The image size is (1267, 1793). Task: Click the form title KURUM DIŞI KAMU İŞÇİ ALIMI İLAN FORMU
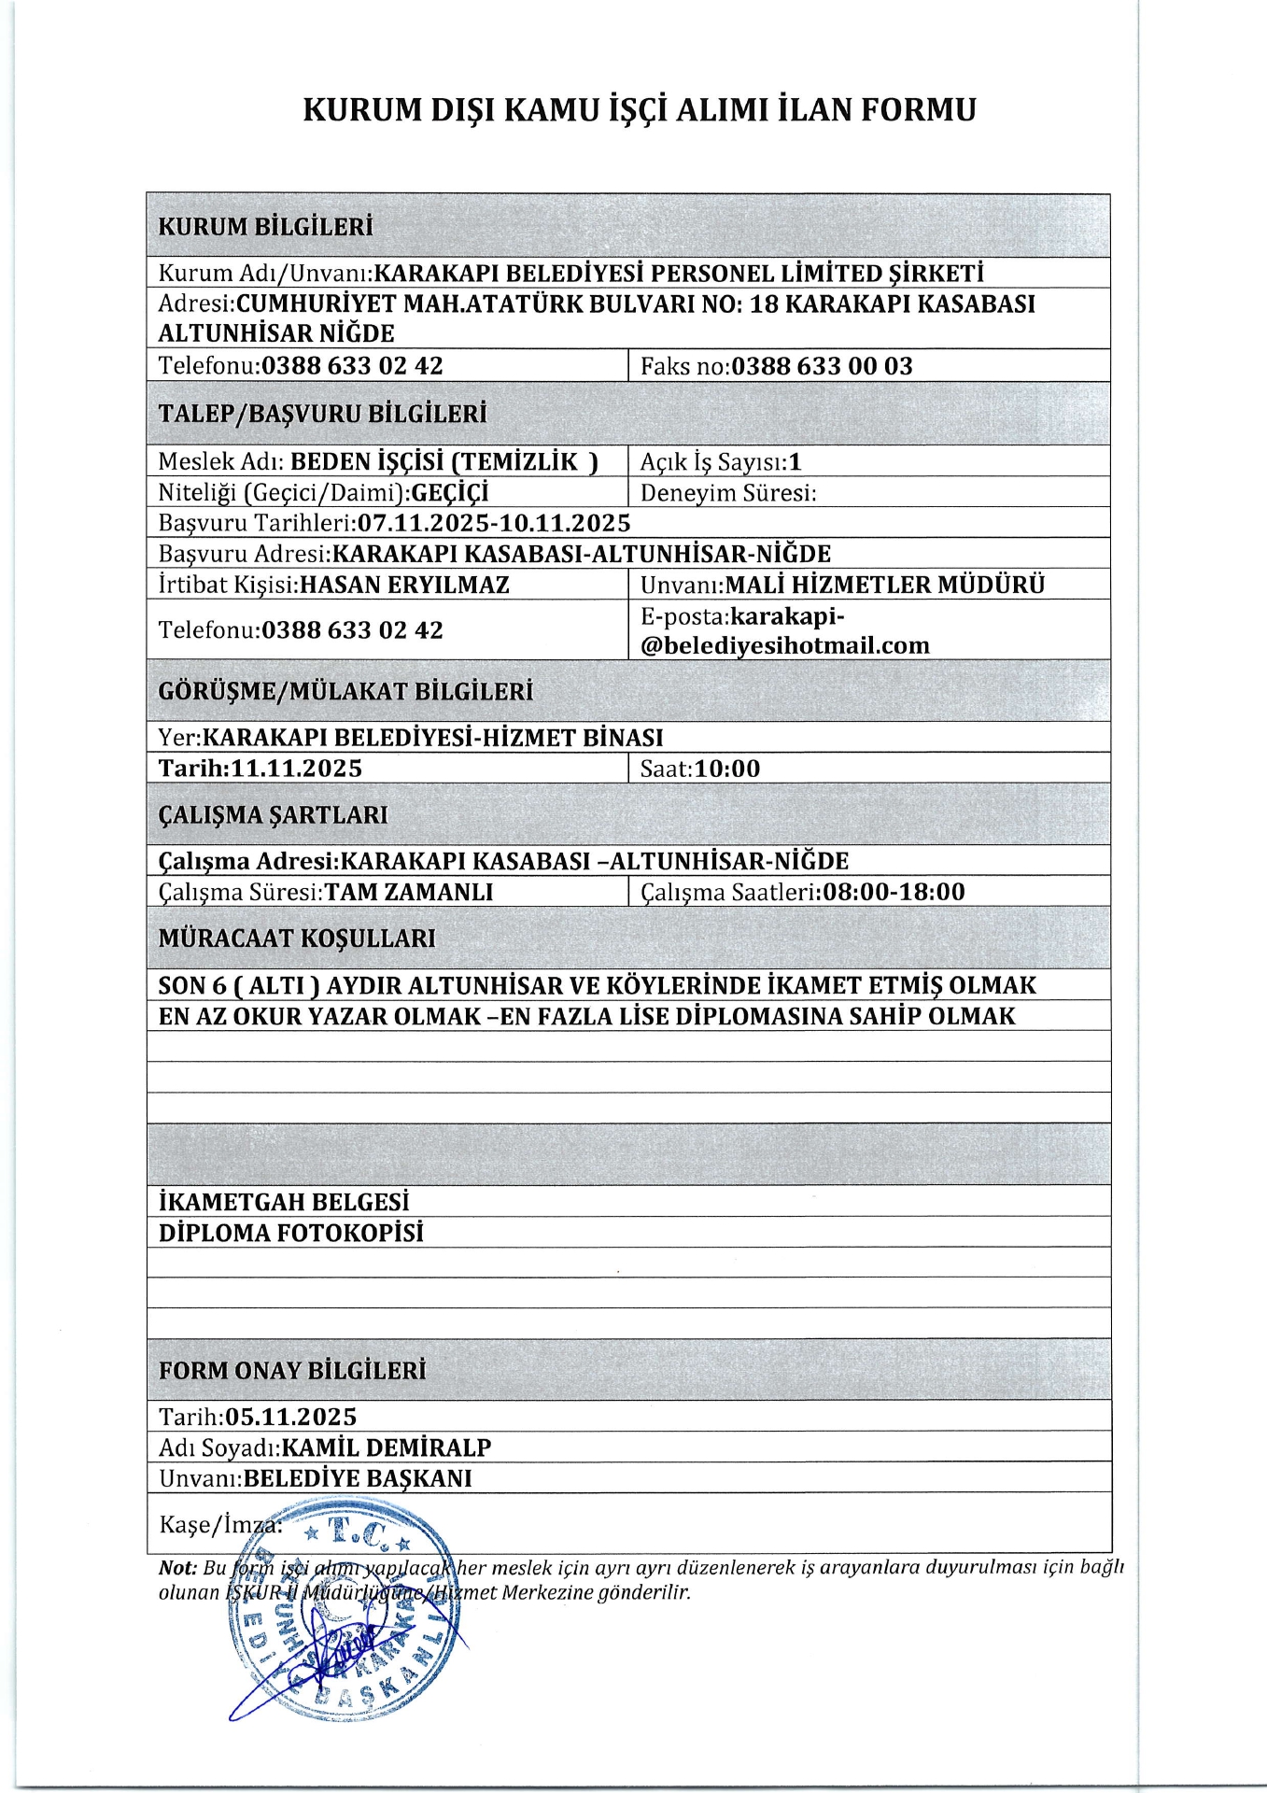(640, 110)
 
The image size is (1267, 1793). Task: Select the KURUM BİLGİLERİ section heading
(265, 227)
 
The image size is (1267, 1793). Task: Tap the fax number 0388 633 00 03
(822, 366)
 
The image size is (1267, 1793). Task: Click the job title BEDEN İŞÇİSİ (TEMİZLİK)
(444, 461)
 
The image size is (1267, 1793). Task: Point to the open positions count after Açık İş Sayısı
(795, 461)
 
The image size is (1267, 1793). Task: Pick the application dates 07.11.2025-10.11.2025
(494, 523)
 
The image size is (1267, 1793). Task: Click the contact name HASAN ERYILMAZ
(404, 585)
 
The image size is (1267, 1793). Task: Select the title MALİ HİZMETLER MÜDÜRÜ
(885, 585)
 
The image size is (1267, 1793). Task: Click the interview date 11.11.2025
(296, 769)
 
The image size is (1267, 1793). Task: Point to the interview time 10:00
(727, 769)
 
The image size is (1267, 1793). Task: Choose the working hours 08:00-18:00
(894, 892)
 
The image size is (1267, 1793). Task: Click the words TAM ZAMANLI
(409, 892)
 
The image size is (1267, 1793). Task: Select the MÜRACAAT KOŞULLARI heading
(297, 939)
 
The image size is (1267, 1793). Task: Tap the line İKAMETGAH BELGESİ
(284, 1202)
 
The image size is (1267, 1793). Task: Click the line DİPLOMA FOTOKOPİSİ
(291, 1233)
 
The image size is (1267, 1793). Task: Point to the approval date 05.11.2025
(291, 1417)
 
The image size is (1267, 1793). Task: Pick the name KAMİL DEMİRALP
(387, 1447)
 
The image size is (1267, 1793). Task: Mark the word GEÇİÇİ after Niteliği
(450, 492)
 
